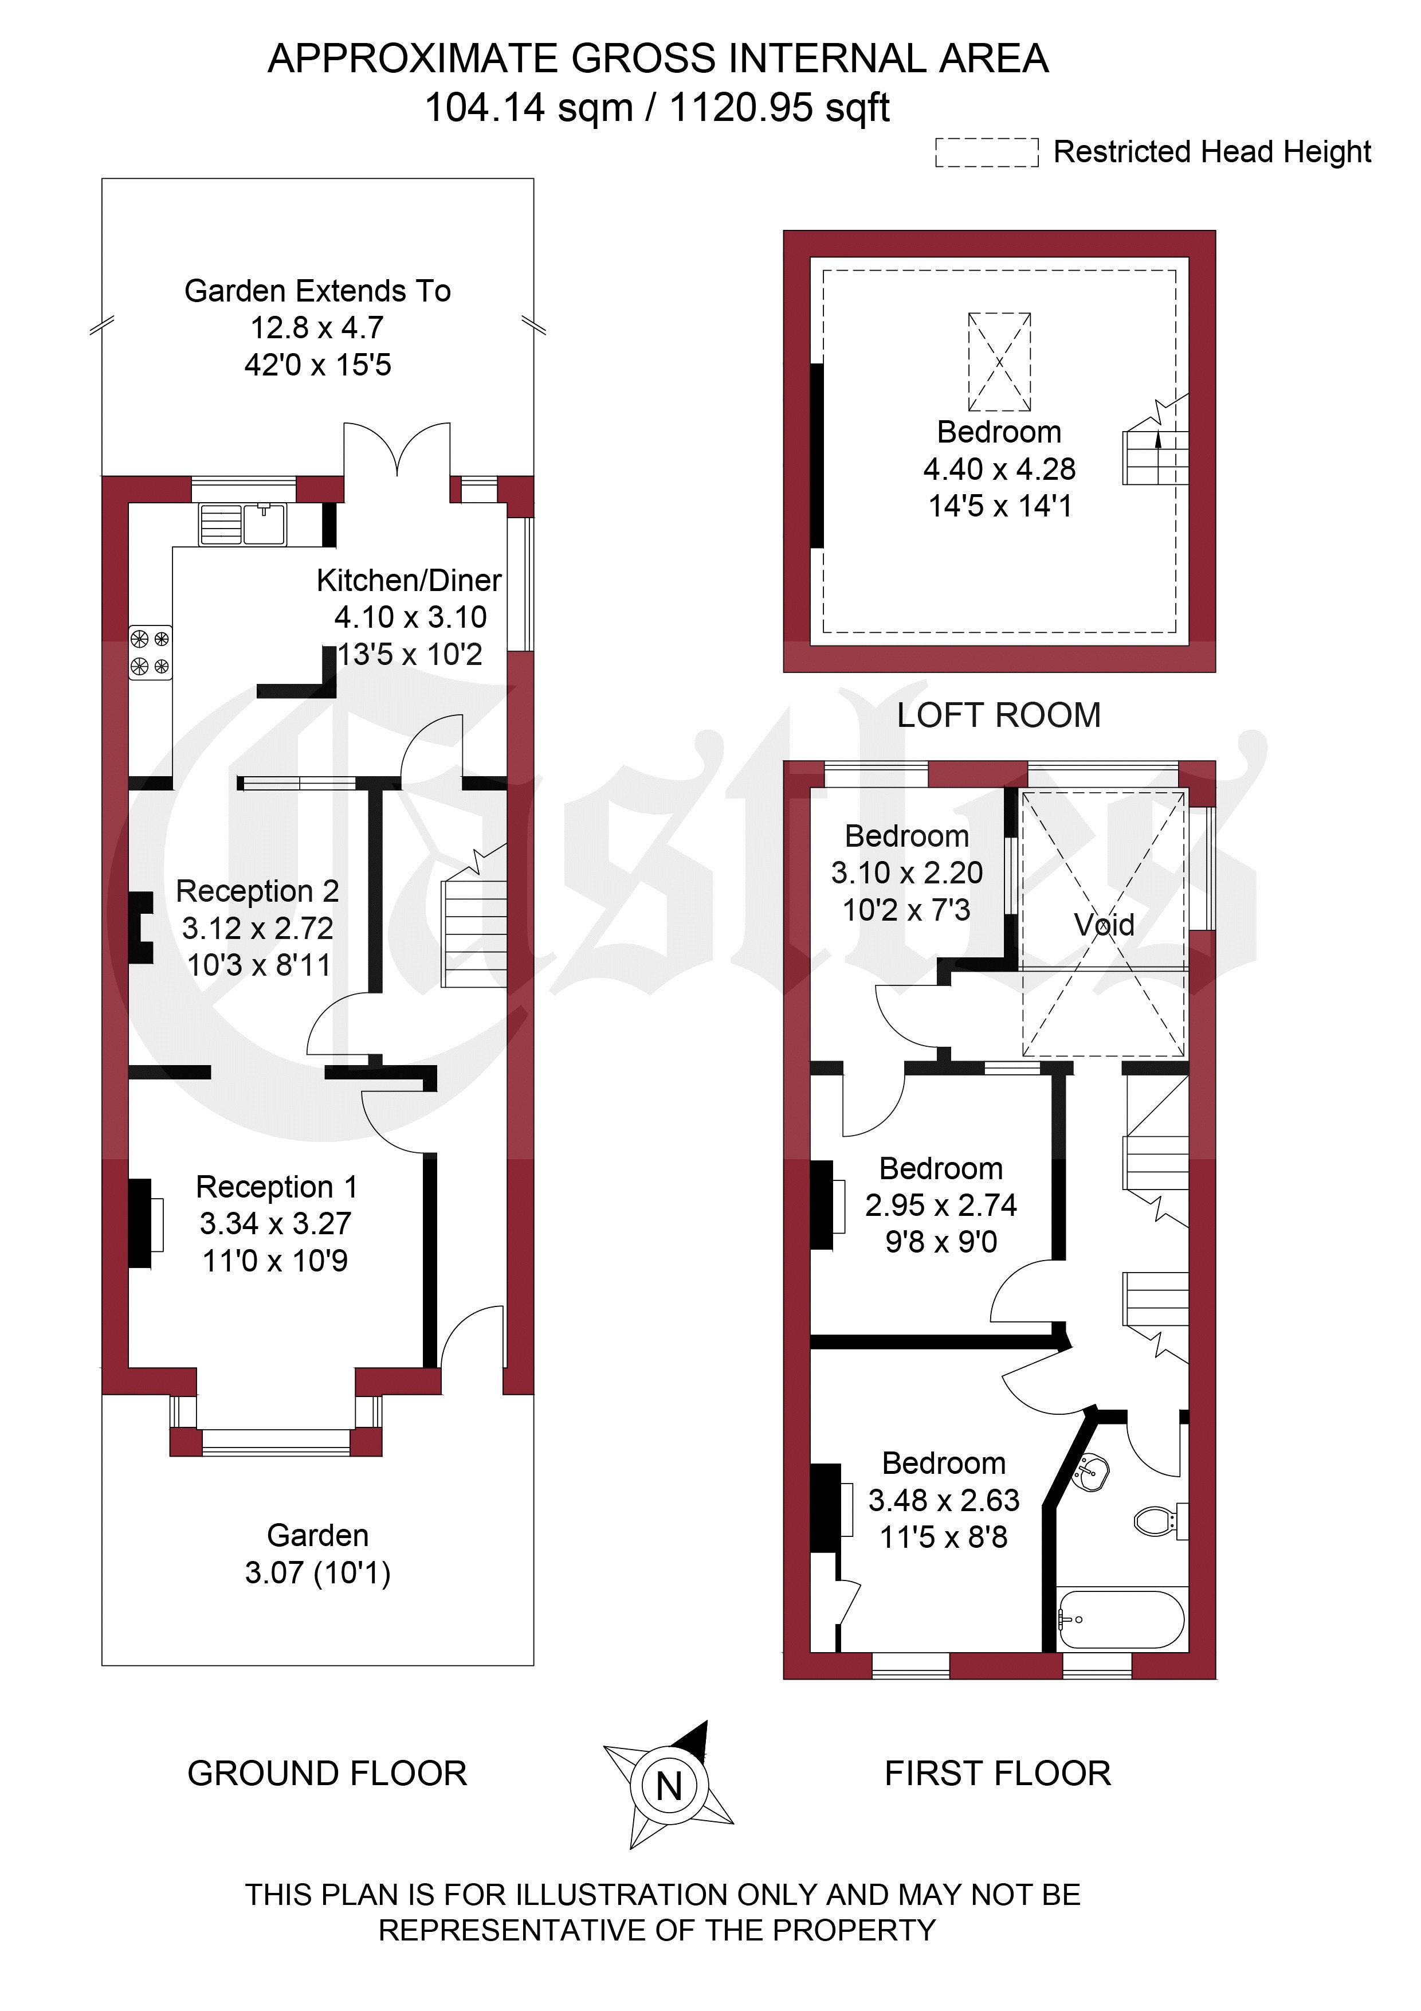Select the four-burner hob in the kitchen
pyautogui.click(x=151, y=652)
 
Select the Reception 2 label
pyautogui.click(x=257, y=891)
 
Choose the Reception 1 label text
pyautogui.click(x=277, y=1186)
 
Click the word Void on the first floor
pyautogui.click(x=1104, y=924)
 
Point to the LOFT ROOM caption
pyautogui.click(x=999, y=715)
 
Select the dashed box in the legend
pyautogui.click(x=987, y=152)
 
